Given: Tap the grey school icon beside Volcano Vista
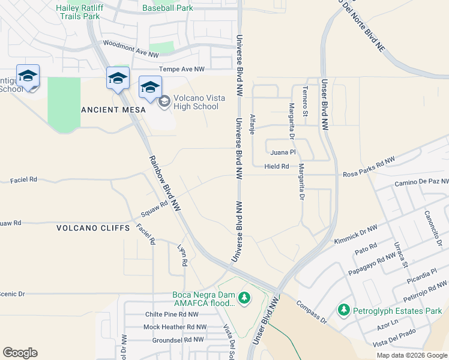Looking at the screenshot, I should coord(164,102).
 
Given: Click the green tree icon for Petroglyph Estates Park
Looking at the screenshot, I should coord(343,310).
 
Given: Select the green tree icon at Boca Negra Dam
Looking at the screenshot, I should coord(244,298).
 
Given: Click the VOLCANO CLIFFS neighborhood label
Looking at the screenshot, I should coord(93,228).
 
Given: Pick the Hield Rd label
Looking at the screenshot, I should coord(276,166).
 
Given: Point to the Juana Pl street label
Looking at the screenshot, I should coord(283,152).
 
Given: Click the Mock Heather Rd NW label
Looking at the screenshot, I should coord(175,327).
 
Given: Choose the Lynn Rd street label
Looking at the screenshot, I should coord(182,255).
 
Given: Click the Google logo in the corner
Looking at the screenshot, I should coord(20,353).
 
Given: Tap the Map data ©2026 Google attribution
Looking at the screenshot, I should coord(411,355).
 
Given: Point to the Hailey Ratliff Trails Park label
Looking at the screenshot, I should coord(77,12).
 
